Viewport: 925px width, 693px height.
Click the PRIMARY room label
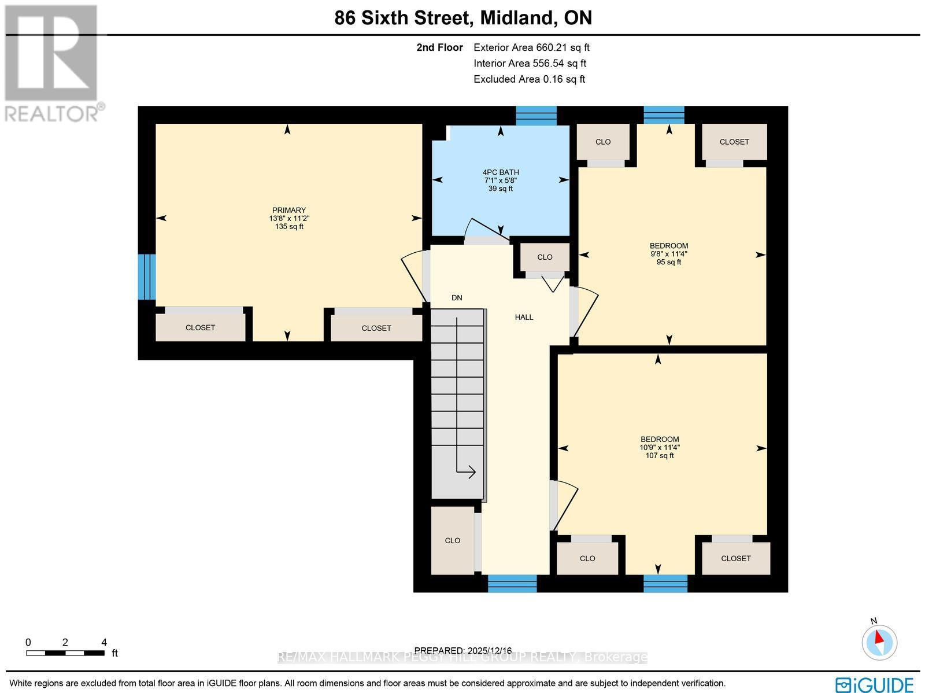pos(288,211)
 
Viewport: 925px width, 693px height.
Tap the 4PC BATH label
pos(501,172)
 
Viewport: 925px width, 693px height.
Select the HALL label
pos(524,317)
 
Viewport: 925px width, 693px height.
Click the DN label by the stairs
pos(457,298)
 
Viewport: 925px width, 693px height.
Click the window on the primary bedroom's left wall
pos(147,277)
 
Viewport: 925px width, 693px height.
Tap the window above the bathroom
pos(536,116)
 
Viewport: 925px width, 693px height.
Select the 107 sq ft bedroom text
pos(659,456)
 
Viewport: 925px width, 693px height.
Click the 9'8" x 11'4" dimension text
pos(669,254)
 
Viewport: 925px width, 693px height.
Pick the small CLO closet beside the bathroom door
pos(545,257)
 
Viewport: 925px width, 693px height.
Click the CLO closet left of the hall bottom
pos(453,540)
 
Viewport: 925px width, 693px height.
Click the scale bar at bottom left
pos(65,653)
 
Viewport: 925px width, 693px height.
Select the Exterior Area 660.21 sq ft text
pos(531,48)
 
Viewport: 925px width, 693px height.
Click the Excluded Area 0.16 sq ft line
pos(529,79)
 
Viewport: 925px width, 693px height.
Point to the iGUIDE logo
pos(875,684)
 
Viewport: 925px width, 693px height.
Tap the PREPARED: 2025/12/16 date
pos(462,650)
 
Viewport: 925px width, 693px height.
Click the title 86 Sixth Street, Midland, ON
pos(463,18)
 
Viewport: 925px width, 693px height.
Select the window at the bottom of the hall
pos(512,584)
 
